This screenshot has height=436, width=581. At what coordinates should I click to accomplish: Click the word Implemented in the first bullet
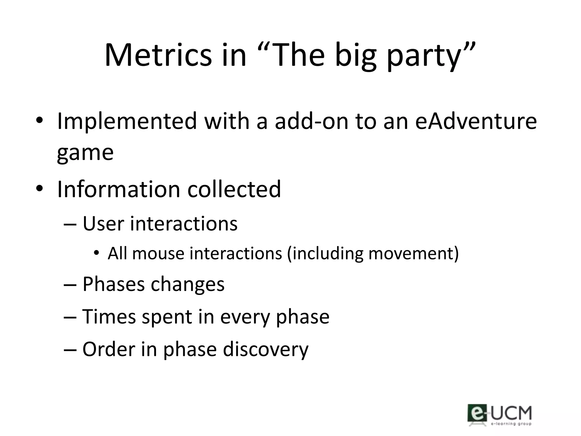coord(127,121)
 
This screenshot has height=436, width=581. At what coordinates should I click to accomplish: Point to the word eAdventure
coord(476,121)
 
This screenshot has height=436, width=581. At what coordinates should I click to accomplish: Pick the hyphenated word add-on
coord(311,121)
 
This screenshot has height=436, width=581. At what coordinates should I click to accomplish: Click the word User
coord(103,224)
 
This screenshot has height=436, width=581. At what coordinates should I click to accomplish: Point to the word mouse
coord(158,253)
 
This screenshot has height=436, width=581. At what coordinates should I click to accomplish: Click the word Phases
coord(113,284)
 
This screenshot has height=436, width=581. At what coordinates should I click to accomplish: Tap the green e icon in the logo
coord(477,413)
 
